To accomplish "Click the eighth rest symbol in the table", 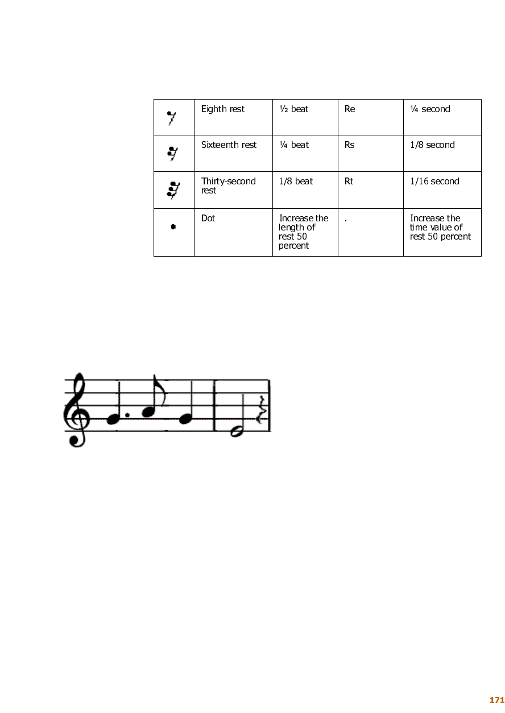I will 171,118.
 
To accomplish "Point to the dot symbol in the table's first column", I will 173,226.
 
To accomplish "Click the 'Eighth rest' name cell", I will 222,109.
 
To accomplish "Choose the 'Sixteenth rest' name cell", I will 229,145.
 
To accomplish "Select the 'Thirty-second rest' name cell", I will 228,186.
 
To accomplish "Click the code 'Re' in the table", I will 350,109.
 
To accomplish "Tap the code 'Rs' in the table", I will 349,145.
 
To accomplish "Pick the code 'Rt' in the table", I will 349,182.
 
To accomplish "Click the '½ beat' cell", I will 293,109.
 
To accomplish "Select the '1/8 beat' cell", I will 296,182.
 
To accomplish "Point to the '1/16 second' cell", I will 434,182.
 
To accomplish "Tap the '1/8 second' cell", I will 432,145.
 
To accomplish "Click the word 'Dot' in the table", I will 208,218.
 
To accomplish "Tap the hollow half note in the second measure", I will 237,431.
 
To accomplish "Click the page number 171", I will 497,700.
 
